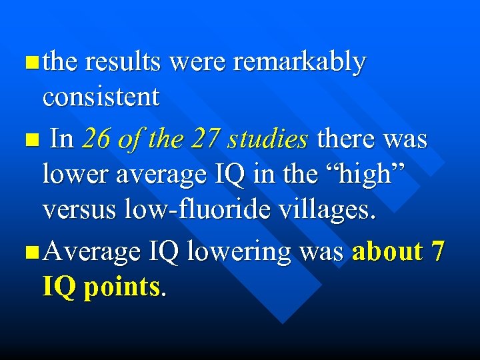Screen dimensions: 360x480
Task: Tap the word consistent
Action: tap(101, 97)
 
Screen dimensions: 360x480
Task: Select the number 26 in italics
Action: tap(95, 139)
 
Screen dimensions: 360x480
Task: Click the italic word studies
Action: tap(267, 139)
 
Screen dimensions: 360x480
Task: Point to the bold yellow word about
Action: tap(387, 252)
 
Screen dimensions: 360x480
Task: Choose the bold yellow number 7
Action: tap(438, 252)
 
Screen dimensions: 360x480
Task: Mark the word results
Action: tap(123, 62)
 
